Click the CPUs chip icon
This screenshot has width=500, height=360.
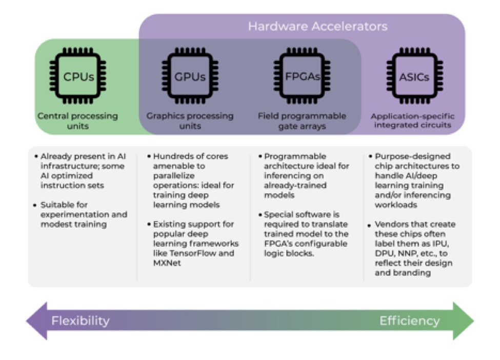[78, 77]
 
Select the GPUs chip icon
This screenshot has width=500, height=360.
[190, 77]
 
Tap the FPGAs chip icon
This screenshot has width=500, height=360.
[302, 77]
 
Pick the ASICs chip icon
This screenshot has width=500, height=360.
[414, 77]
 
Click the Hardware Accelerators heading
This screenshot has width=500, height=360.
[317, 26]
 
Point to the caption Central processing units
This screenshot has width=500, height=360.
[77, 121]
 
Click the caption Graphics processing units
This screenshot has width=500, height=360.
[190, 121]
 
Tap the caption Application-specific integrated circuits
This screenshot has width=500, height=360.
[413, 121]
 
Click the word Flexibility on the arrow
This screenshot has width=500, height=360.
[81, 321]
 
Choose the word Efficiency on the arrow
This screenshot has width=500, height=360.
[409, 321]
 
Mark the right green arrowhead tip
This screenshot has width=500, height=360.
[472, 321]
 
